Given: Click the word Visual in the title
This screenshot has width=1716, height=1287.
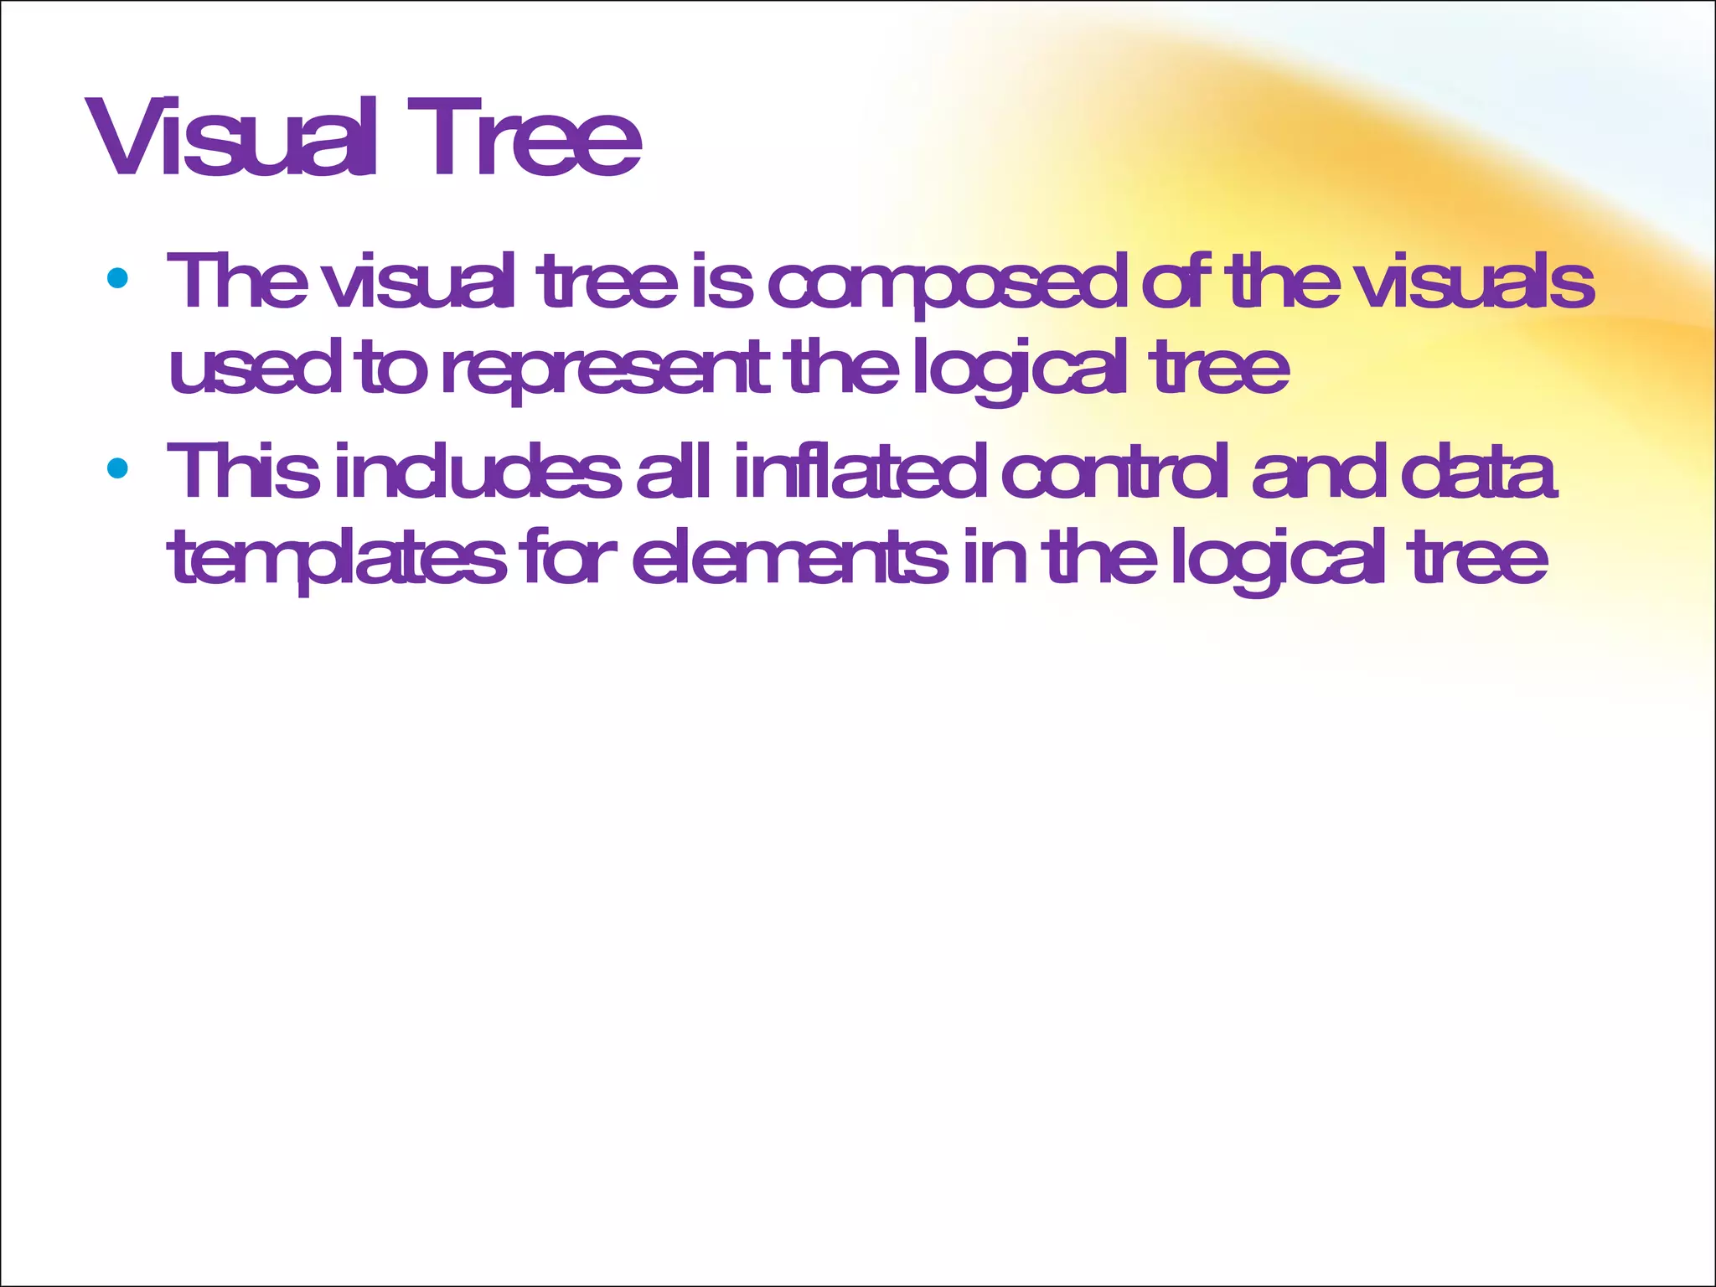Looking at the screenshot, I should coord(230,138).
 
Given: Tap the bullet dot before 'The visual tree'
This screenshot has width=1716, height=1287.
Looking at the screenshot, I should coord(117,278).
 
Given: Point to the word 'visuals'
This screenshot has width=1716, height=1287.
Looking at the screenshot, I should coord(1475,282).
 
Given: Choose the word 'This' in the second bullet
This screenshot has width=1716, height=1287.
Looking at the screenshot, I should coord(244,472).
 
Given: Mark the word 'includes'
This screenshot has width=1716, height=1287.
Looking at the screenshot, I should coord(477,472).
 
